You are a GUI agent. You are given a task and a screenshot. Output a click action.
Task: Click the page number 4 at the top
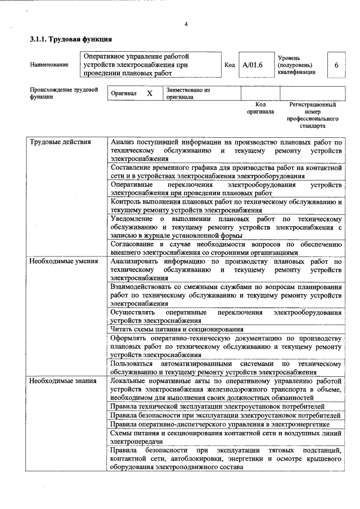pyautogui.click(x=186, y=24)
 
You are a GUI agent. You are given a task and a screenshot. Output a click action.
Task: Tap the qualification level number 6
pyautogui.click(x=336, y=65)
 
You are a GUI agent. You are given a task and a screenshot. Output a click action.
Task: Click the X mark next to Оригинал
pyautogui.click(x=150, y=93)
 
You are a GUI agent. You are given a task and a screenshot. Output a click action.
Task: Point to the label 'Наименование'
pyautogui.click(x=49, y=65)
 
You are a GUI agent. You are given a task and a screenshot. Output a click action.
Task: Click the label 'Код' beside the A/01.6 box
pyautogui.click(x=229, y=65)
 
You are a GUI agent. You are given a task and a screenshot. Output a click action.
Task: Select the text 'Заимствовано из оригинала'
pyautogui.click(x=188, y=93)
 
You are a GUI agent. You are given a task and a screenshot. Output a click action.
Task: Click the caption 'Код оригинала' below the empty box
pyautogui.click(x=260, y=108)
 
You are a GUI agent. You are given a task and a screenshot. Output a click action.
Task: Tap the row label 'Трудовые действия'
pyautogui.click(x=60, y=142)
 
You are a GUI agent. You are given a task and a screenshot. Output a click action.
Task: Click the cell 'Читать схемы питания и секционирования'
pyautogui.click(x=177, y=329)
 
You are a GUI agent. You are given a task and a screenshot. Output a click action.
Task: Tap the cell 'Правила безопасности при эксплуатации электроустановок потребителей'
pyautogui.click(x=225, y=415)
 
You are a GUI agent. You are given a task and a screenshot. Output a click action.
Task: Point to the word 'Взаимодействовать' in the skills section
pyautogui.click(x=143, y=287)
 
